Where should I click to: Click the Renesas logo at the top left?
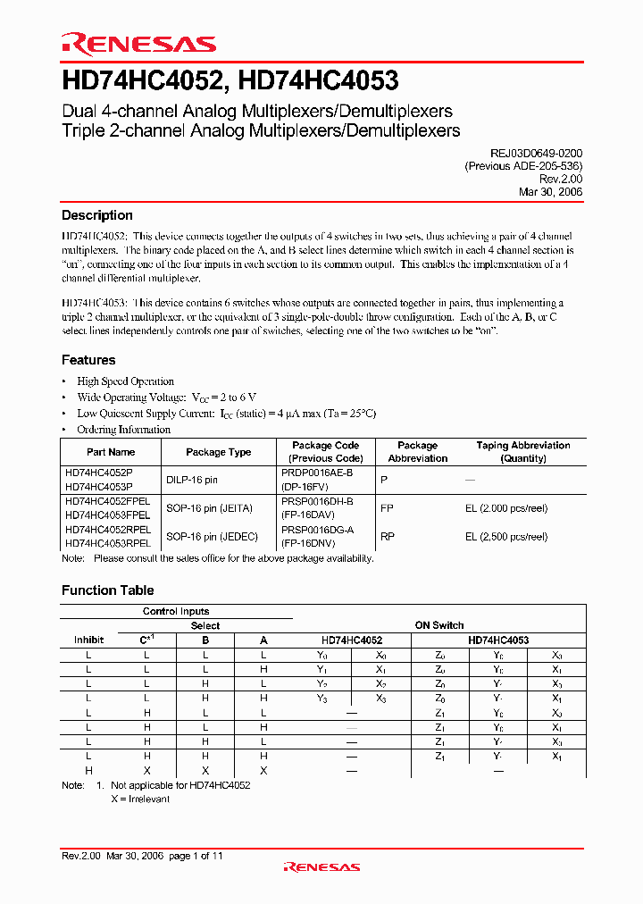click(138, 44)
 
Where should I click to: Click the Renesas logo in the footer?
click(321, 866)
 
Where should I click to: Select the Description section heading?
click(96, 215)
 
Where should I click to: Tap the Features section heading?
click(88, 360)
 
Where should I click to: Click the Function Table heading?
click(107, 590)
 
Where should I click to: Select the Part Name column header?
click(111, 452)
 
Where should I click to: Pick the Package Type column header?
click(219, 452)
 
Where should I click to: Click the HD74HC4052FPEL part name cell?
click(107, 502)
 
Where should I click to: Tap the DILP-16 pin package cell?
click(192, 480)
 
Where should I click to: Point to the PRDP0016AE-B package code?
click(322, 473)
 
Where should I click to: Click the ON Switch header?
click(439, 625)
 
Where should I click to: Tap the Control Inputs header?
click(176, 611)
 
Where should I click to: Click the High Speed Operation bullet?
click(125, 381)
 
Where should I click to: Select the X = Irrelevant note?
click(140, 799)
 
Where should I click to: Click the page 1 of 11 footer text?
click(196, 856)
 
